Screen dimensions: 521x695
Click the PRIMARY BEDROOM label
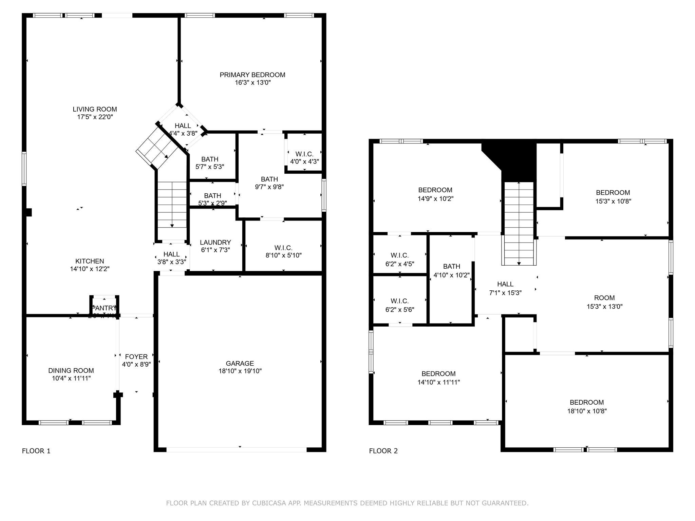pyautogui.click(x=252, y=75)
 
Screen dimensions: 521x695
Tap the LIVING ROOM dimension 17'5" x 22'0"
pyautogui.click(x=95, y=117)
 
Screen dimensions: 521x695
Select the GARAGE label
pyautogui.click(x=240, y=363)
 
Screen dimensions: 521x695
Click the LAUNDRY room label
pyautogui.click(x=215, y=242)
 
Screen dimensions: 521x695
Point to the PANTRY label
pyautogui.click(x=105, y=308)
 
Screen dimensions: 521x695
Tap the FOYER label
pyautogui.click(x=136, y=356)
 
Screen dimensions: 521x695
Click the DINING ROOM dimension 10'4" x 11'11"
pyautogui.click(x=71, y=378)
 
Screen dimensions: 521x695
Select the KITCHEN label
pyautogui.click(x=90, y=261)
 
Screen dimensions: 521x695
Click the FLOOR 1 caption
pyautogui.click(x=36, y=451)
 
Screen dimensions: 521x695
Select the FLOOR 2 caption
pyautogui.click(x=383, y=451)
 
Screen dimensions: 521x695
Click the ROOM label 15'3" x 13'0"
pyautogui.click(x=604, y=298)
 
